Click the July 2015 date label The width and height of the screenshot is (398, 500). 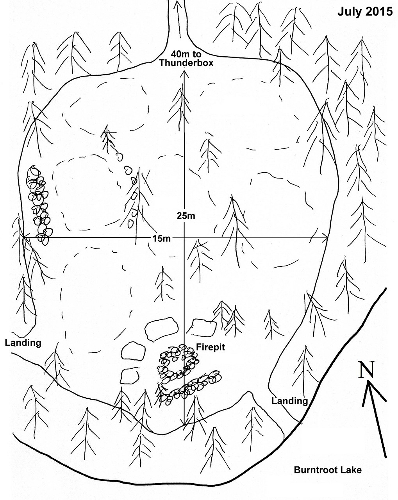coord(365,12)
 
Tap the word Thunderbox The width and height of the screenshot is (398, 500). coord(186,62)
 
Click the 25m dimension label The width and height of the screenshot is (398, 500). coord(185,216)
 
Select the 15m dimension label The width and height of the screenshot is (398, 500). coord(161,238)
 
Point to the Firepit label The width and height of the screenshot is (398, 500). coord(211,347)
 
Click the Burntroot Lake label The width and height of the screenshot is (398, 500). coord(327,470)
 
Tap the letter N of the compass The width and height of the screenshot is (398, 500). coord(367,370)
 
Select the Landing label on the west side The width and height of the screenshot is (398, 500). coord(23,343)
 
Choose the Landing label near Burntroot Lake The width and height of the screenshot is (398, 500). coord(290,401)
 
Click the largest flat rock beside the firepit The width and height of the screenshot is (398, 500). coord(161,329)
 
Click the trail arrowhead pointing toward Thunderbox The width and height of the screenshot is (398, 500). coord(178,4)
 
